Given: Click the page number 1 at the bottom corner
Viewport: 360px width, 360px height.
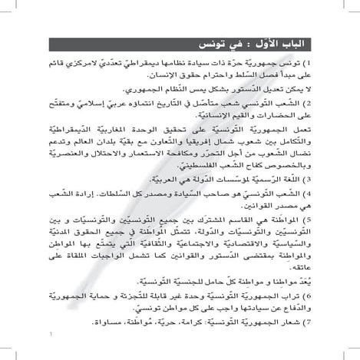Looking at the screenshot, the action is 49,355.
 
